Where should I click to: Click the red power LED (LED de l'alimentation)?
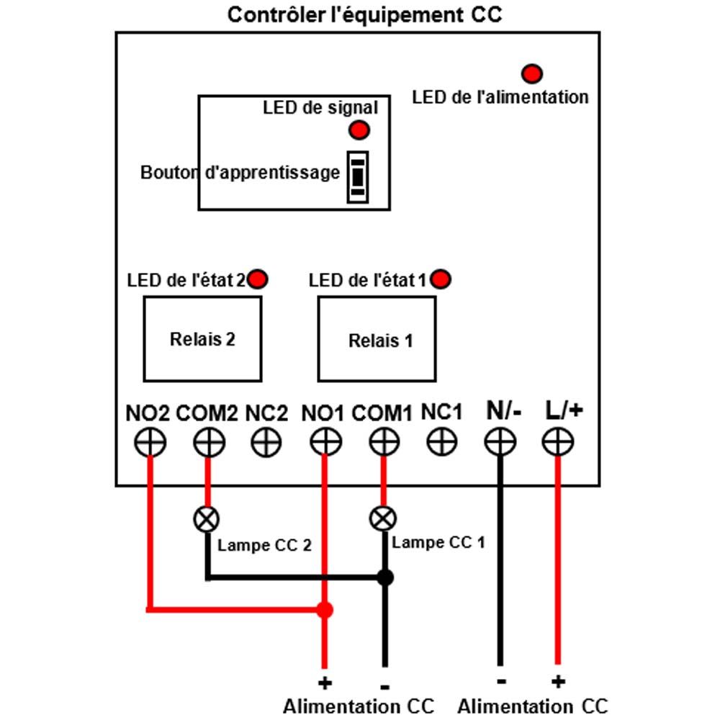(532, 73)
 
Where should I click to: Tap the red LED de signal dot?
(359, 130)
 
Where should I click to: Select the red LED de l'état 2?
(257, 279)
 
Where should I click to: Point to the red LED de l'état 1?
(441, 279)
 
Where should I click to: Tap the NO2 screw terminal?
(150, 442)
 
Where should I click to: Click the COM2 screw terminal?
(209, 442)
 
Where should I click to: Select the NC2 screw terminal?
(266, 442)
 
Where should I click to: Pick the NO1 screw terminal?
(325, 442)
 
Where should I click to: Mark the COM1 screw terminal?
(384, 442)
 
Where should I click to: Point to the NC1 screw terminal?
(442, 442)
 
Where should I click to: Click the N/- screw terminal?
(500, 442)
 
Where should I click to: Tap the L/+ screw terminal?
(558, 442)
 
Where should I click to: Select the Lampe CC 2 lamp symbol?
(207, 519)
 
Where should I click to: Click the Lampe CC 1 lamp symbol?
(383, 519)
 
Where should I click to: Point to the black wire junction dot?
(385, 577)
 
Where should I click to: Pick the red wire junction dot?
(325, 611)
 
